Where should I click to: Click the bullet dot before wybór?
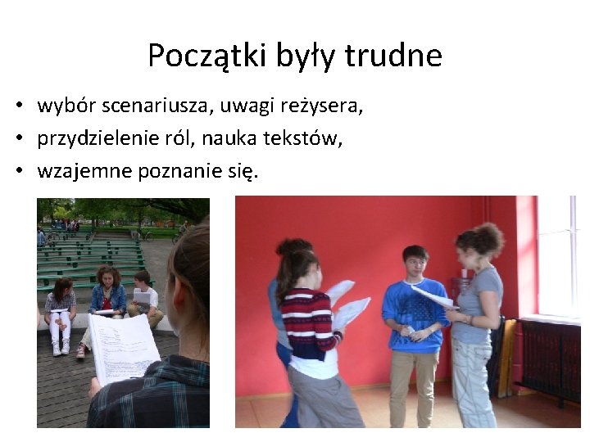click(16, 107)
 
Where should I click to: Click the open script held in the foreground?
click(123, 348)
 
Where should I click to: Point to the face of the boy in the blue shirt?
click(415, 264)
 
